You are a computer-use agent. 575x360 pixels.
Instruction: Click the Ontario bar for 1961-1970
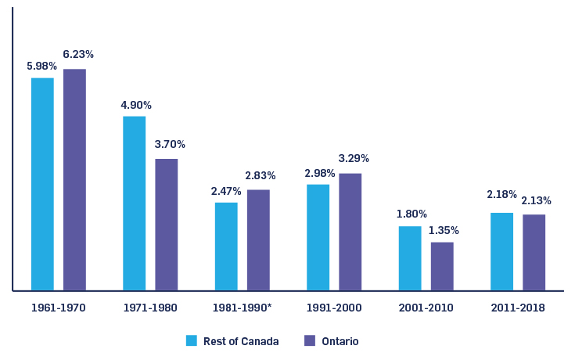(x=74, y=180)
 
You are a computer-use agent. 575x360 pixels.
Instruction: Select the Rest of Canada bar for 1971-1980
(x=134, y=203)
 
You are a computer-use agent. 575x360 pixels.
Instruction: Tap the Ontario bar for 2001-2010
(x=442, y=266)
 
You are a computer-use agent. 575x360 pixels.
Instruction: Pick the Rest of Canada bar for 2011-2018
(x=501, y=251)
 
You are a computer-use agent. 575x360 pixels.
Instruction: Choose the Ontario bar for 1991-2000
(x=350, y=232)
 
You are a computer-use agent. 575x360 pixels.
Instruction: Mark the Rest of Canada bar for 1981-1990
(x=226, y=247)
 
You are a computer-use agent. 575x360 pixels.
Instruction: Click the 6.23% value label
(x=78, y=55)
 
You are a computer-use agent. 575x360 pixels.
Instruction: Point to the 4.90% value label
(x=136, y=105)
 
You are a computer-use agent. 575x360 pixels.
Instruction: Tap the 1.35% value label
(x=444, y=231)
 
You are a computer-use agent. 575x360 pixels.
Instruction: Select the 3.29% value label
(x=354, y=159)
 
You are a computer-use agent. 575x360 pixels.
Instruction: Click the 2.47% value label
(x=226, y=191)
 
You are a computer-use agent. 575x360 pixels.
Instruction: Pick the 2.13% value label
(x=536, y=201)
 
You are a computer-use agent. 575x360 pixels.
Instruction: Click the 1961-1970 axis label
(x=58, y=308)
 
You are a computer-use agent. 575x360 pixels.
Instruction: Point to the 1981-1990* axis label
(x=242, y=308)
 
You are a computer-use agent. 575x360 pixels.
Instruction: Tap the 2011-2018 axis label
(x=518, y=308)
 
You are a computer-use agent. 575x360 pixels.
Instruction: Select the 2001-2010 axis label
(x=426, y=308)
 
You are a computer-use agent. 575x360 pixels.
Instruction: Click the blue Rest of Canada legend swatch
(x=191, y=340)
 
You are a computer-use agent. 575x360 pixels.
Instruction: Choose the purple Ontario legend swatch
(x=309, y=340)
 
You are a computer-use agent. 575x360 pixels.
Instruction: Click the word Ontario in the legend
(x=339, y=341)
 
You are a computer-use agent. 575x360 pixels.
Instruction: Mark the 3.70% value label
(x=170, y=145)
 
